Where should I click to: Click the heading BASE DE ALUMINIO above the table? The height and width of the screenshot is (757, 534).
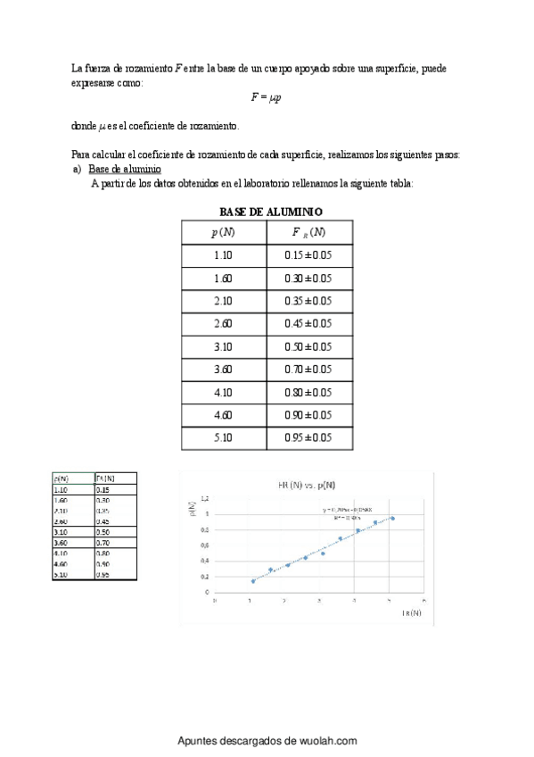(x=271, y=212)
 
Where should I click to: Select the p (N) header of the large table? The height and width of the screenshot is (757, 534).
(x=223, y=233)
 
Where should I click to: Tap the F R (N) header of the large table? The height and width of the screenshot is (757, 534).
(x=308, y=233)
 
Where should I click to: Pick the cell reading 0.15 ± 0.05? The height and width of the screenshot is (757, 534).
(x=308, y=255)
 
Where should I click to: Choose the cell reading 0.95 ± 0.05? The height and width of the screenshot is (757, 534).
(x=308, y=438)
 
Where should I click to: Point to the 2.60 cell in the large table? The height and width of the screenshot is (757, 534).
(x=223, y=324)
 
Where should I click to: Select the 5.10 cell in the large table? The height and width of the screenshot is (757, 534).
(x=223, y=438)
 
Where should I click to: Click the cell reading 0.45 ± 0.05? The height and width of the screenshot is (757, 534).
(x=308, y=324)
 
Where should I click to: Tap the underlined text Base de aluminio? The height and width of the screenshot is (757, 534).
(x=125, y=170)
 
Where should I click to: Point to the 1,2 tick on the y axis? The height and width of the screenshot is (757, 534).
(x=206, y=498)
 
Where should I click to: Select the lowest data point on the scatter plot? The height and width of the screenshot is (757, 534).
(x=253, y=581)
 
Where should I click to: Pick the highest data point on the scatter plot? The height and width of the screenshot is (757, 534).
(x=392, y=518)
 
